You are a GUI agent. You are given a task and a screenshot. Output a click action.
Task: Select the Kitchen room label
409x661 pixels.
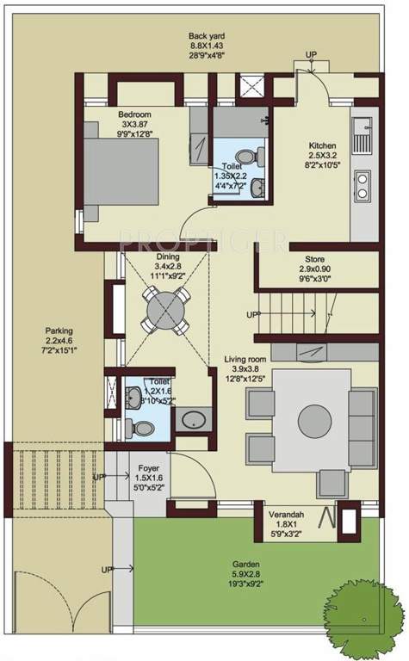coord(323,145)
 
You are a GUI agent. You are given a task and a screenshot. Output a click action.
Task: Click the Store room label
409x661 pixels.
coord(315,259)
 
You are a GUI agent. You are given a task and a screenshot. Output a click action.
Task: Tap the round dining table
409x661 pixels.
coord(163,305)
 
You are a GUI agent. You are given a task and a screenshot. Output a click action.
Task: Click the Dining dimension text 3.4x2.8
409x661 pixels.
coord(168,267)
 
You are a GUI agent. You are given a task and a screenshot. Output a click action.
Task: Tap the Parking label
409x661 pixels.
coord(59,330)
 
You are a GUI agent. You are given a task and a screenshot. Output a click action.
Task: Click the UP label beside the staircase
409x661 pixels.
coord(251,315)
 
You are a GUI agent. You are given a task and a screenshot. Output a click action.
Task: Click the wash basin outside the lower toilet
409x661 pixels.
coord(189,420)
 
